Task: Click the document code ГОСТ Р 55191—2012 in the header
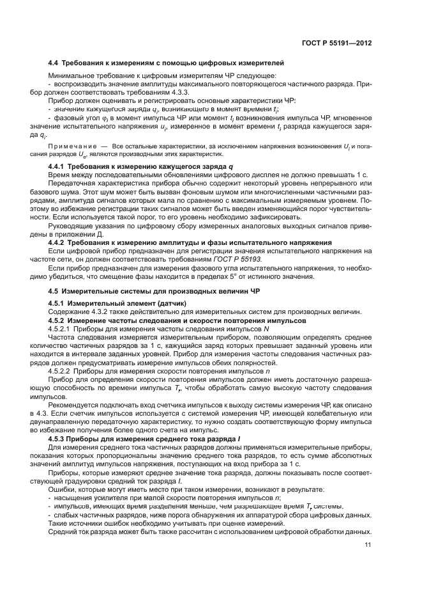pos(336,43)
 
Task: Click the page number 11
pos(368,545)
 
